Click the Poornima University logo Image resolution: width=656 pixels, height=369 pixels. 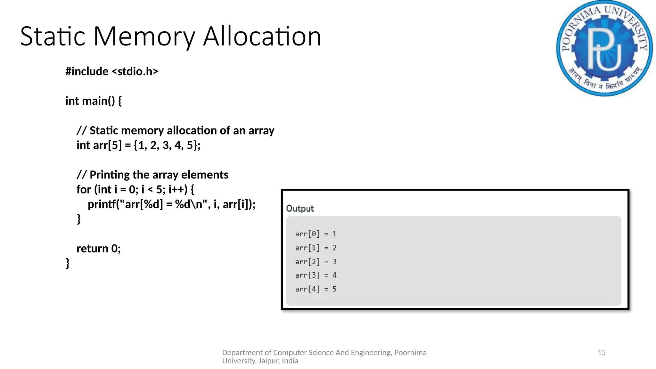(x=604, y=48)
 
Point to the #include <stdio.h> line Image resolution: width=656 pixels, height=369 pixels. (x=112, y=71)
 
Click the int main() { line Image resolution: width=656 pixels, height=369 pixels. (x=94, y=101)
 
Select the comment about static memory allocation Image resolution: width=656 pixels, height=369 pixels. (x=176, y=130)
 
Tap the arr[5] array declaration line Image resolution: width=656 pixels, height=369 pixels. (x=138, y=145)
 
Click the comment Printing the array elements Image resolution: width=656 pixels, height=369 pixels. (x=152, y=175)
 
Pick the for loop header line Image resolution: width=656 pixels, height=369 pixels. (x=135, y=189)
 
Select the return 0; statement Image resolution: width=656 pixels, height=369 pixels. (x=99, y=248)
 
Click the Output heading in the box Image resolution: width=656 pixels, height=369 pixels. (x=300, y=209)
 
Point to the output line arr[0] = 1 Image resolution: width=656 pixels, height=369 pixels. (x=316, y=234)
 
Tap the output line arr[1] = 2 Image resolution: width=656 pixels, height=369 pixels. (x=316, y=248)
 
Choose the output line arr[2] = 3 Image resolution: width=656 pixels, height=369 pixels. (x=316, y=262)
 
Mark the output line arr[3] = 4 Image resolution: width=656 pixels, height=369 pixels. (x=316, y=275)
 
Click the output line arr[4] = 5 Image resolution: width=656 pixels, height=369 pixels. (x=316, y=289)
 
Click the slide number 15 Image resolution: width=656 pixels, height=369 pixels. (x=602, y=353)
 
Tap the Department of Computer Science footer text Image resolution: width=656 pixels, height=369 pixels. (x=324, y=357)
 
